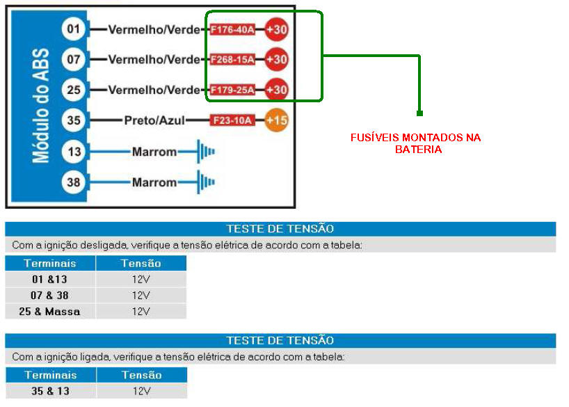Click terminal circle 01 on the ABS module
(x=74, y=30)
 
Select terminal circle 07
(x=74, y=60)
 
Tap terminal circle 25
(x=74, y=90)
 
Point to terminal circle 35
(x=74, y=120)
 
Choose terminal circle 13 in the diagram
(x=74, y=151)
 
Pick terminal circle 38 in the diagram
(x=74, y=182)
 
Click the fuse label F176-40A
(x=232, y=30)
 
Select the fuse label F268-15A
(x=232, y=60)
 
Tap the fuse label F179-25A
(x=232, y=90)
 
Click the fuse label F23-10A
(x=232, y=120)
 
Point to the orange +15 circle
(x=276, y=120)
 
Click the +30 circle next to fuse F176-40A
(x=276, y=30)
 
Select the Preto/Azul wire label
(x=154, y=120)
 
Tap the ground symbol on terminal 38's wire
(x=206, y=182)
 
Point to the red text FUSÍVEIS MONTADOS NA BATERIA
(x=415, y=143)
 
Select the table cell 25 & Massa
(x=49, y=312)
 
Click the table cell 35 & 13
(x=50, y=391)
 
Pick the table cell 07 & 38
(x=50, y=296)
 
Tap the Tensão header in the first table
(x=141, y=264)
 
